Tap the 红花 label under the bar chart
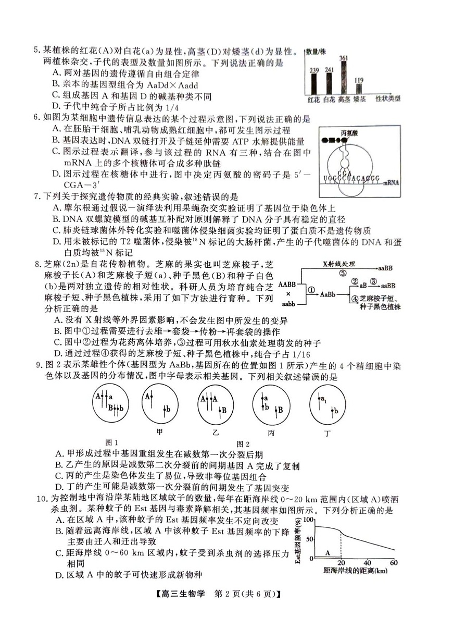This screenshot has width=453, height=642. [x=313, y=99]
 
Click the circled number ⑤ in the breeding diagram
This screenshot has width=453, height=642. [x=343, y=273]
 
